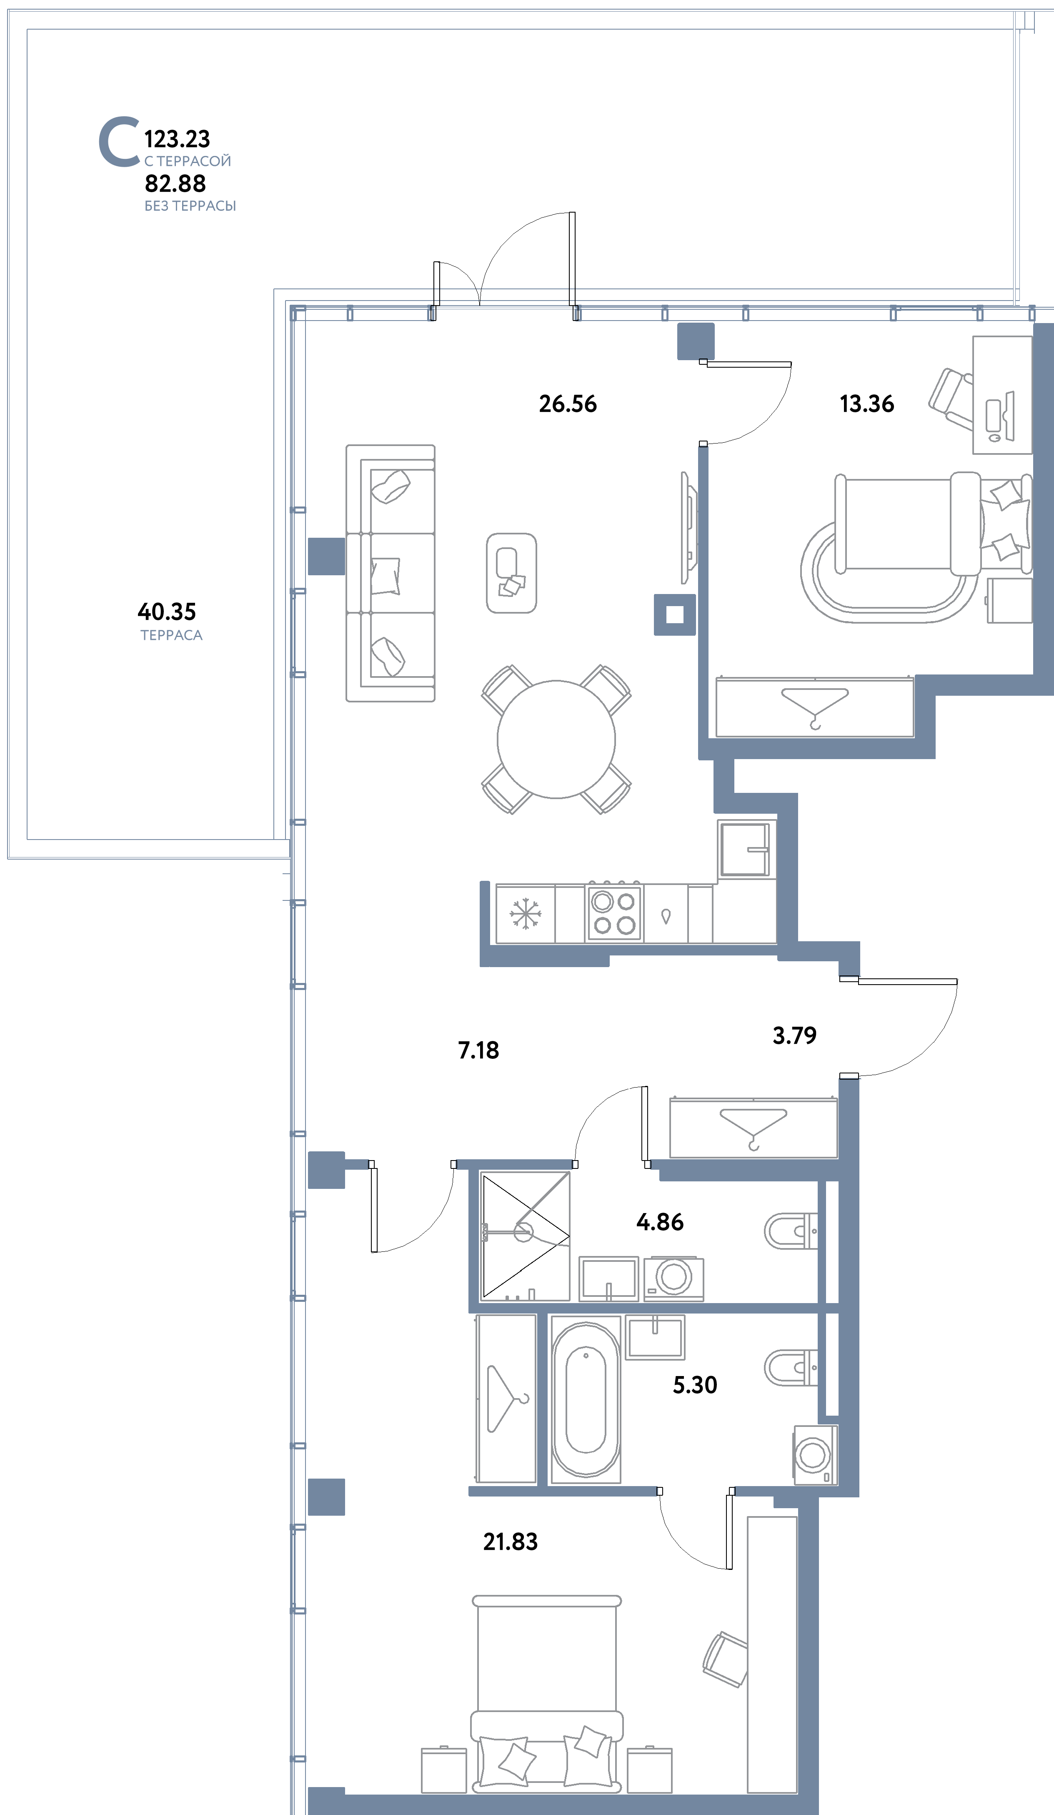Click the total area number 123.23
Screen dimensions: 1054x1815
pyautogui.click(x=177, y=138)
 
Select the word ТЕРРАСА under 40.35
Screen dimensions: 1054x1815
pyautogui.click(x=171, y=635)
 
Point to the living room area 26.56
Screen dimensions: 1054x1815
pyautogui.click(x=568, y=404)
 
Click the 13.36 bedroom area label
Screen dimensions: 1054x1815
pyautogui.click(x=867, y=404)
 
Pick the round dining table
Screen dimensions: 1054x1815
pyautogui.click(x=556, y=739)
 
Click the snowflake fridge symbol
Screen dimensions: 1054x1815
pyautogui.click(x=526, y=914)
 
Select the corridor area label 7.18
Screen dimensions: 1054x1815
pyautogui.click(x=479, y=1050)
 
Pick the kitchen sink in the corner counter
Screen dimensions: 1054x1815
pyautogui.click(x=744, y=850)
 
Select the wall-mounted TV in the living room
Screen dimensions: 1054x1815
pyautogui.click(x=688, y=527)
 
